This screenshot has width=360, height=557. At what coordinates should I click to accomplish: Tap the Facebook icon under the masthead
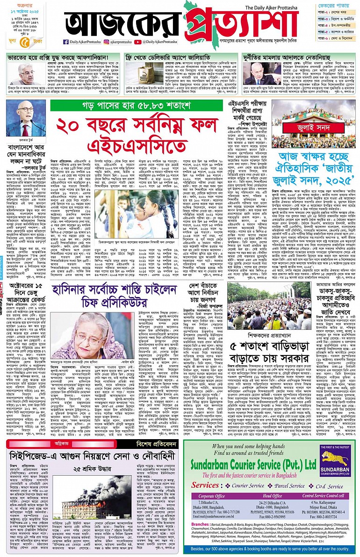pyautogui.click(x=66, y=42)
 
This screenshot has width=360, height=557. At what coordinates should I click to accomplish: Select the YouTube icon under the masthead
pyautogui.click(x=137, y=42)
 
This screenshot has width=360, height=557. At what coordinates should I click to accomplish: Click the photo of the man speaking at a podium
pyautogui.click(x=26, y=120)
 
